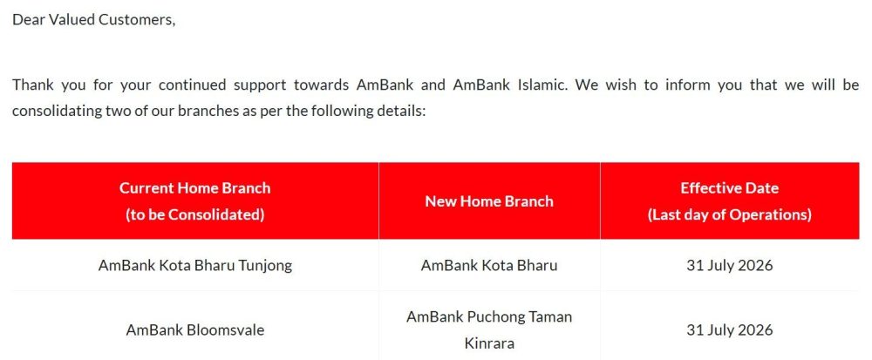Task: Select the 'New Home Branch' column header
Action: click(x=489, y=201)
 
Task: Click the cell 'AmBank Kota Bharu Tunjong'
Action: click(x=195, y=266)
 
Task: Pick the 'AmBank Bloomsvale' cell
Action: click(x=195, y=330)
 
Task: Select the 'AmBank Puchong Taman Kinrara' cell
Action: click(x=489, y=330)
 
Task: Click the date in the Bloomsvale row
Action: click(x=730, y=330)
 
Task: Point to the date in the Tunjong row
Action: click(x=730, y=266)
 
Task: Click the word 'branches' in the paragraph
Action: click(x=203, y=111)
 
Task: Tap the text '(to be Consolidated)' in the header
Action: click(x=195, y=215)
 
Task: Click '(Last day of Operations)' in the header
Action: click(x=730, y=215)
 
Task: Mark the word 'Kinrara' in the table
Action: click(x=489, y=343)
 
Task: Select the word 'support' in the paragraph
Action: click(x=257, y=86)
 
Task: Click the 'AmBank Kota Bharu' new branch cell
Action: click(x=489, y=266)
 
